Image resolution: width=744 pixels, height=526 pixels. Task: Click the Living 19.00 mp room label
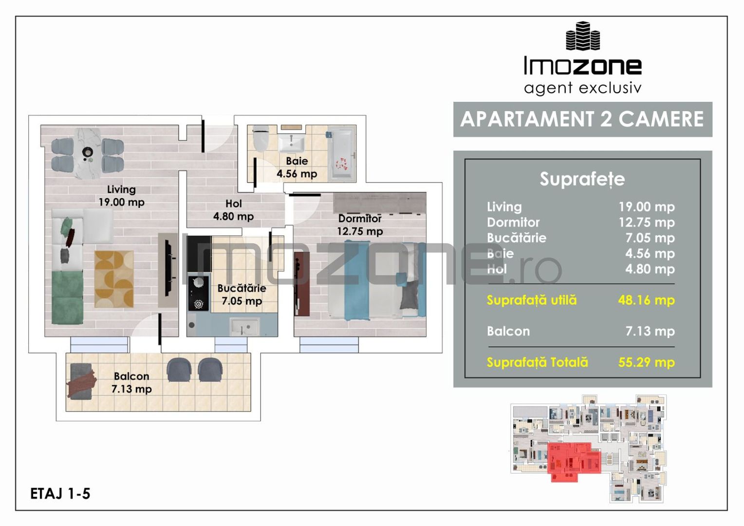pyautogui.click(x=121, y=196)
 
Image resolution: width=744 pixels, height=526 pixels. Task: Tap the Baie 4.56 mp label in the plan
pyautogui.click(x=297, y=167)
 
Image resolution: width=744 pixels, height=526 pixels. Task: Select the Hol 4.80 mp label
pyautogui.click(x=233, y=210)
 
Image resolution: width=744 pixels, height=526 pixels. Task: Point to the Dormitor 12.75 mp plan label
pyautogui.click(x=360, y=225)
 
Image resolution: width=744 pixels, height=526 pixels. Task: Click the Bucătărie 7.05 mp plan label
pyautogui.click(x=242, y=295)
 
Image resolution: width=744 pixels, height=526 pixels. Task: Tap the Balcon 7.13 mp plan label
pyautogui.click(x=131, y=382)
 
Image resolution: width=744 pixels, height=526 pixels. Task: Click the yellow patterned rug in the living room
pyautogui.click(x=114, y=279)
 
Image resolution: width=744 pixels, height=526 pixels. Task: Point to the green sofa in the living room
pyautogui.click(x=67, y=297)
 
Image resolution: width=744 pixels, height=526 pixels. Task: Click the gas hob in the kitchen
pyautogui.click(x=199, y=293)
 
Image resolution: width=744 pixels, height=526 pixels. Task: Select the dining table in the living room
pyautogui.click(x=88, y=153)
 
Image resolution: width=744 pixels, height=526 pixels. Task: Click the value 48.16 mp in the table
pyautogui.click(x=646, y=300)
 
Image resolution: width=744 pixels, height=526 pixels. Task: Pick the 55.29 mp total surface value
pyautogui.click(x=646, y=362)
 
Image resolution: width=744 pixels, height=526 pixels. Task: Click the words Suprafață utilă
pyautogui.click(x=532, y=300)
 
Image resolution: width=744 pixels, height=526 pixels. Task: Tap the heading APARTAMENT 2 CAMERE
pyautogui.click(x=582, y=119)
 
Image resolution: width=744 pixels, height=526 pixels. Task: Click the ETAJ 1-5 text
pyautogui.click(x=60, y=493)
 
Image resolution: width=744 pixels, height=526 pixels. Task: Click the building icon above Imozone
pyautogui.click(x=582, y=36)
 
